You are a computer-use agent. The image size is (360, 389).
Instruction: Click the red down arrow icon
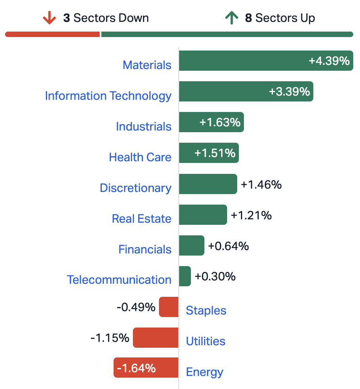(x=49, y=18)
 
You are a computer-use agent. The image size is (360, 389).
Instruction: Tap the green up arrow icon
(x=232, y=18)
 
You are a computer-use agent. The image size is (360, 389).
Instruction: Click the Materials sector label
(x=147, y=65)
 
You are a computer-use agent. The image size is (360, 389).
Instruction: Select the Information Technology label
(x=108, y=96)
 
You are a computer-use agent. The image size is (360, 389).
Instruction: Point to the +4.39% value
(x=329, y=61)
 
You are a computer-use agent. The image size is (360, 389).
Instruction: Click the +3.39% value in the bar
(x=289, y=91)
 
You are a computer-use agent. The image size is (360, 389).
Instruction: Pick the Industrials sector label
(x=144, y=127)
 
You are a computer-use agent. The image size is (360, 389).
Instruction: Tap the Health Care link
(x=140, y=157)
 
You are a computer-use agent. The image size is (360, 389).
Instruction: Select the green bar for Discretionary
(x=208, y=184)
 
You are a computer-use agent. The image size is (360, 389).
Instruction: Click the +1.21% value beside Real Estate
(x=251, y=216)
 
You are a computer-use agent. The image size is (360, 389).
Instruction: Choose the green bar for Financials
(x=192, y=245)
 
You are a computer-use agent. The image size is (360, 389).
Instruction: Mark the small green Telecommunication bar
(x=185, y=276)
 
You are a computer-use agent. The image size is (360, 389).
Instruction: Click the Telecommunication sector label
(x=119, y=280)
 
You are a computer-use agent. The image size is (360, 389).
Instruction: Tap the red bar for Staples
(x=169, y=307)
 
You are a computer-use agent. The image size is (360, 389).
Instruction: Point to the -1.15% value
(x=110, y=338)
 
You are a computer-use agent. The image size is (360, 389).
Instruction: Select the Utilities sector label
(x=206, y=341)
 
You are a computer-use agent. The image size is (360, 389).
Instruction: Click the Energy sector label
(x=205, y=372)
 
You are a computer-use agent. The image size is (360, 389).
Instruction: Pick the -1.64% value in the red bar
(x=136, y=368)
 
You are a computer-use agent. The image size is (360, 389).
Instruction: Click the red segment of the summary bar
(x=52, y=34)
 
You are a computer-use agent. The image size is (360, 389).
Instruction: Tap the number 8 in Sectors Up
(x=249, y=18)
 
